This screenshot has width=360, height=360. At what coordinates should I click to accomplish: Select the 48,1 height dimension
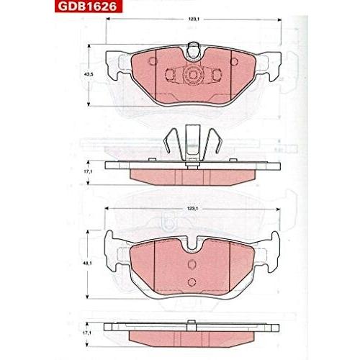(89, 264)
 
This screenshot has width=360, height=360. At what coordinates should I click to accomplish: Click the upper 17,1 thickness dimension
(89, 171)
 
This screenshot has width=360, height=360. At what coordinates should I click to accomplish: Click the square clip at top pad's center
(193, 73)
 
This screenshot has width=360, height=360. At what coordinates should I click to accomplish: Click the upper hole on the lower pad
(192, 264)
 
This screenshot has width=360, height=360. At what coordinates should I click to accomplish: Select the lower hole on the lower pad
(192, 282)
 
